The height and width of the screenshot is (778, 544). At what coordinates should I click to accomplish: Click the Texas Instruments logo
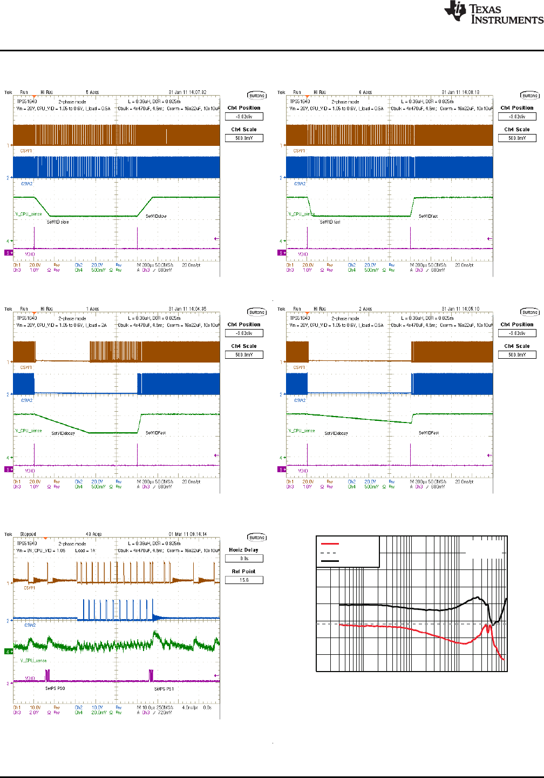[493, 12]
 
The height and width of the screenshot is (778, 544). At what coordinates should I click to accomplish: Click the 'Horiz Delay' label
[243, 550]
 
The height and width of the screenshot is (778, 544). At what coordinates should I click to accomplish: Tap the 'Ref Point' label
[243, 572]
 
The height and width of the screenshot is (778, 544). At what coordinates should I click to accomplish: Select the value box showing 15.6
[244, 580]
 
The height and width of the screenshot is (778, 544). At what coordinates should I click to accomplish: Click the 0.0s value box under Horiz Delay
[244, 559]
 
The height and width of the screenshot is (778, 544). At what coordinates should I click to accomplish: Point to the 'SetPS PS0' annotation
[55, 689]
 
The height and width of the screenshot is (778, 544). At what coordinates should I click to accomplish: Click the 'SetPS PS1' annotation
[164, 689]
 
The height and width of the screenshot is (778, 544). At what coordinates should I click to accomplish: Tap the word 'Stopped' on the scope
[28, 534]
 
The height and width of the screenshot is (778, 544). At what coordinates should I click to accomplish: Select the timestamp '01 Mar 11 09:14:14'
[187, 534]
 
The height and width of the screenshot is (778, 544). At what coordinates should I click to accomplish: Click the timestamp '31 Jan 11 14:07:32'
[187, 92]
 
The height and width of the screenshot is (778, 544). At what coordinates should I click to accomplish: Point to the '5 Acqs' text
[92, 92]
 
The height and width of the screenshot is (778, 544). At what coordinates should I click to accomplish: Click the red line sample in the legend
[330, 544]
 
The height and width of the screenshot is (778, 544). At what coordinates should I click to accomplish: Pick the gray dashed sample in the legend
[329, 553]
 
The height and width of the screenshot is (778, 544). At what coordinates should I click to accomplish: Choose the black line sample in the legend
[330, 561]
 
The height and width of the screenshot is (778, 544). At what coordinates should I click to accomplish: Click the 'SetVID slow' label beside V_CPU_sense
[58, 222]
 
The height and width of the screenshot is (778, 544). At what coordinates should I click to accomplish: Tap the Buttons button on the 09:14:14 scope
[257, 538]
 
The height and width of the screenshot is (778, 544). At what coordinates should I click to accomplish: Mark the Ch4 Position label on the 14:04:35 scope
[244, 325]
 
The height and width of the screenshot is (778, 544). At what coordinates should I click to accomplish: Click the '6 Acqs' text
[365, 92]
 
